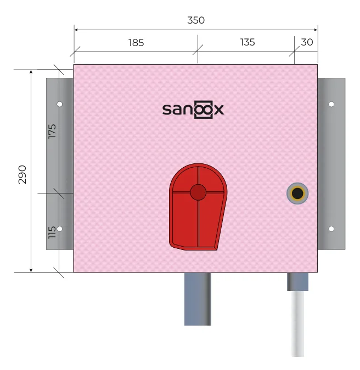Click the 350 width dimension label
tap(196, 20)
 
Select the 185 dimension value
tap(136, 43)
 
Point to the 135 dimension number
tap(248, 42)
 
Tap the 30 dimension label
tap(307, 42)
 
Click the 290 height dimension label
tap(22, 175)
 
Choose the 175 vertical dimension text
tap(52, 131)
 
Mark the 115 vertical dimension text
tap(52, 232)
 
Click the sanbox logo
tap(193, 110)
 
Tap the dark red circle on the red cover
tap(198, 192)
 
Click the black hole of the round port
tap(297, 193)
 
